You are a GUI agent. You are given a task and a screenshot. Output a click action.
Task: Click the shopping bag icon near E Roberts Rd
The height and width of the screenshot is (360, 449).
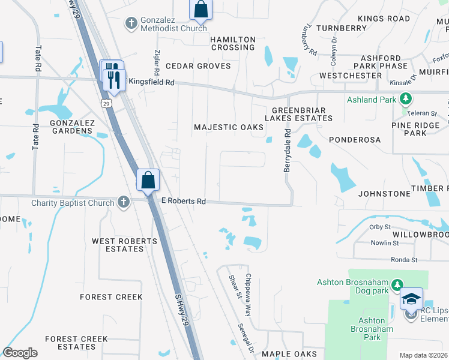click(x=148, y=180)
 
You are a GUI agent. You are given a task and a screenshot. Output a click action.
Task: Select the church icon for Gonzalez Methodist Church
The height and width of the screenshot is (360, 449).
click(x=131, y=23)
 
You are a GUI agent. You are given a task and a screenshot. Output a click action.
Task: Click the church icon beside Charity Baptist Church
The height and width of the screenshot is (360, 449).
click(x=123, y=202)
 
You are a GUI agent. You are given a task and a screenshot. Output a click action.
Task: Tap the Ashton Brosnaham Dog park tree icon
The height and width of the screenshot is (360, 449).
click(x=396, y=284)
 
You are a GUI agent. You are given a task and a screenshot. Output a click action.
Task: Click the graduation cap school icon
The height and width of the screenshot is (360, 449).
click(x=412, y=299)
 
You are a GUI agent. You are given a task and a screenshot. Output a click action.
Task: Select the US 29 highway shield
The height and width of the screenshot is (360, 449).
click(x=106, y=103)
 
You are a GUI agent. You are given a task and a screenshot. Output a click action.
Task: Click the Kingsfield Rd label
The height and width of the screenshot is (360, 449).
click(x=151, y=82)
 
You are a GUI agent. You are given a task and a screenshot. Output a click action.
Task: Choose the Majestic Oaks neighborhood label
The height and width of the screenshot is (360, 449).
click(x=229, y=127)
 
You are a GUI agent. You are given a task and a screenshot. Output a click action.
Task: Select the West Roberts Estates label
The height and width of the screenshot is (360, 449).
click(x=124, y=245)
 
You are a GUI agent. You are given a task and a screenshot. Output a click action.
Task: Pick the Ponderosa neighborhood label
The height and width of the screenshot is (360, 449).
click(x=355, y=139)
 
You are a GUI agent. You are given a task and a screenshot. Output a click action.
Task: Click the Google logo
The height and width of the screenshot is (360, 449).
click(x=20, y=353)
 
